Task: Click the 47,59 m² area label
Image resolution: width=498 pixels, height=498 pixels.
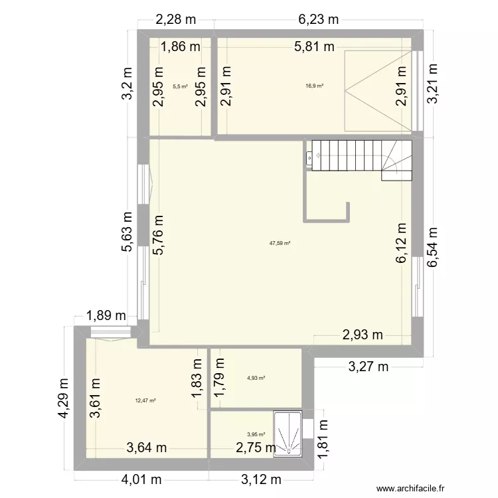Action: click(x=280, y=243)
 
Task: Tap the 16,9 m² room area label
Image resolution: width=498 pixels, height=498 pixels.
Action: click(x=315, y=86)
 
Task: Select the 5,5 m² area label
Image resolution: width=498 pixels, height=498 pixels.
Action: click(x=180, y=86)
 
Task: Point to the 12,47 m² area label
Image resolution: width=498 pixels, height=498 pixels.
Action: click(x=145, y=400)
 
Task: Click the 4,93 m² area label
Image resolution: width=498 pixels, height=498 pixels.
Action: click(x=256, y=378)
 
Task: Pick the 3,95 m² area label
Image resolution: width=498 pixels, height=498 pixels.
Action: click(x=256, y=435)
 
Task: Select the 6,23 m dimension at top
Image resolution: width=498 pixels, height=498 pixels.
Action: click(x=319, y=20)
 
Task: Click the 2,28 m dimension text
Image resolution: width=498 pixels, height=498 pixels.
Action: click(x=175, y=20)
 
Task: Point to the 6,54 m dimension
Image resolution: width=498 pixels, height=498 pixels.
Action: click(x=433, y=247)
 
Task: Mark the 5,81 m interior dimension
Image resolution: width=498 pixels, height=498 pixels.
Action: click(x=315, y=46)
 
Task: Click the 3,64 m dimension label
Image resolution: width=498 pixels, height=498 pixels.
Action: click(x=147, y=448)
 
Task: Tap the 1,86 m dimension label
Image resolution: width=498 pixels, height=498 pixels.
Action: click(x=181, y=46)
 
